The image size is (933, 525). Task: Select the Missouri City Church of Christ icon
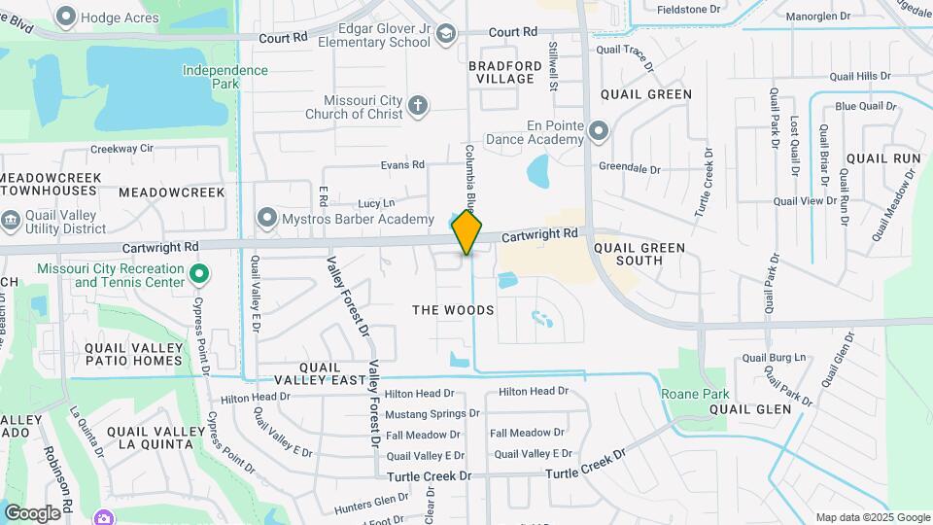click(418, 105)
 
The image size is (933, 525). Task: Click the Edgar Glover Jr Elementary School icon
click(445, 36)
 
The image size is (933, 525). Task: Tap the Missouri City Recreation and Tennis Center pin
click(199, 275)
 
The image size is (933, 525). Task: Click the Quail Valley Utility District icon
click(10, 220)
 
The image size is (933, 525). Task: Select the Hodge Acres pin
click(66, 17)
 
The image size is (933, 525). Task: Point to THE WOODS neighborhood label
click(453, 310)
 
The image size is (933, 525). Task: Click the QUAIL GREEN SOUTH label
click(639, 254)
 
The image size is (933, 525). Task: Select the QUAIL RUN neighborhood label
click(882, 158)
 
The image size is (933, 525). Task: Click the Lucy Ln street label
click(376, 203)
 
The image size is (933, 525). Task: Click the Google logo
click(31, 513)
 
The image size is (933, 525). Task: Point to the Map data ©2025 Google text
click(873, 517)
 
